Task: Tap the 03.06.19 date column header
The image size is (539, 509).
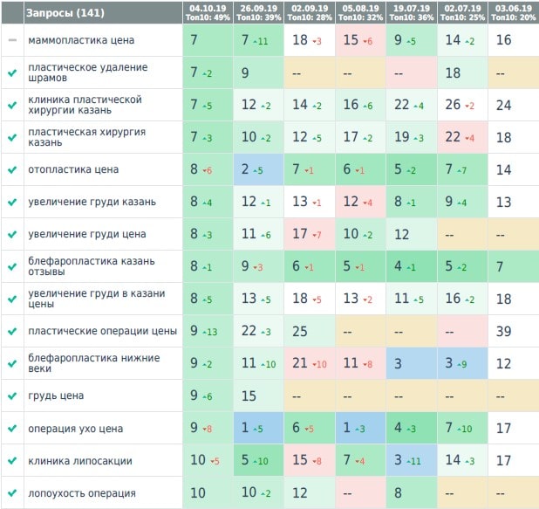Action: (513, 12)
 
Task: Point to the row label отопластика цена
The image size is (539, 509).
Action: (73, 169)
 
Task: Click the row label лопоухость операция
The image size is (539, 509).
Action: (82, 493)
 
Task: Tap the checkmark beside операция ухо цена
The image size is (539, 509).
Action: (12, 429)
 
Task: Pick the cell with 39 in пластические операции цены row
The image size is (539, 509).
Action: (513, 332)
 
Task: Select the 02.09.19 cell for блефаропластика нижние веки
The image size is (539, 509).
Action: (310, 364)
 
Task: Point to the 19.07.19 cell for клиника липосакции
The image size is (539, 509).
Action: (412, 461)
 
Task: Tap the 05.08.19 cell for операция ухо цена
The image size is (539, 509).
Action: (360, 429)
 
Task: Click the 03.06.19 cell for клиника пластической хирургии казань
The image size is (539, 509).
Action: (513, 105)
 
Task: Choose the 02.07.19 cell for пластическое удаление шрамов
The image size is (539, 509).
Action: (462, 73)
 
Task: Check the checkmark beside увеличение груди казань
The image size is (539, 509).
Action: (12, 203)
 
